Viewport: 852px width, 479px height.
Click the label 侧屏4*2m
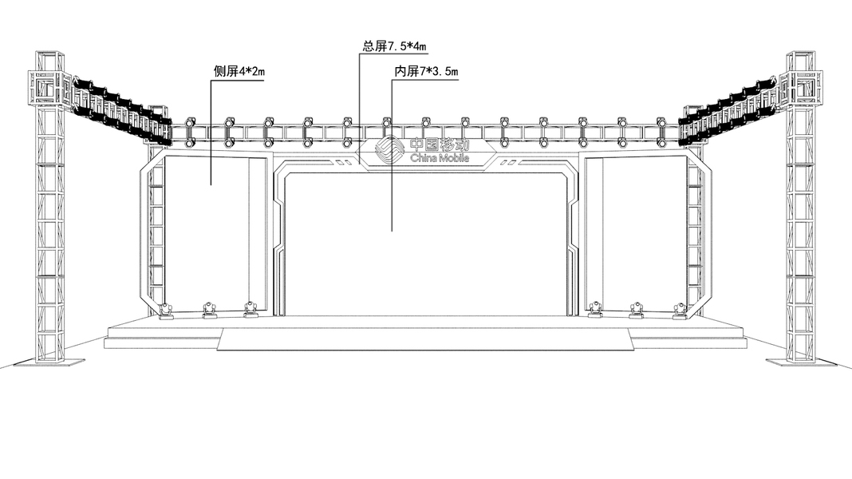239,72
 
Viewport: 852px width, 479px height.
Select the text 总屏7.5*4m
395,46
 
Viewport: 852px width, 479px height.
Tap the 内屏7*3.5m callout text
427,72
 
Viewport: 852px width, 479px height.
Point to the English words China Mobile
440,159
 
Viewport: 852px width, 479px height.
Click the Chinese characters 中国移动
440,145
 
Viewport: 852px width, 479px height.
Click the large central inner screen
425,239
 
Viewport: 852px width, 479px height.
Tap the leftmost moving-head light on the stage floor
166,311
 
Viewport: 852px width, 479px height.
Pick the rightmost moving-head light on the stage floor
680,311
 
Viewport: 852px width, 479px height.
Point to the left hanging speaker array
120,112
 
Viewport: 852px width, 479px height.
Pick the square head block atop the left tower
50,89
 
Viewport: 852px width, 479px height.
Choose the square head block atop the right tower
802,87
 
